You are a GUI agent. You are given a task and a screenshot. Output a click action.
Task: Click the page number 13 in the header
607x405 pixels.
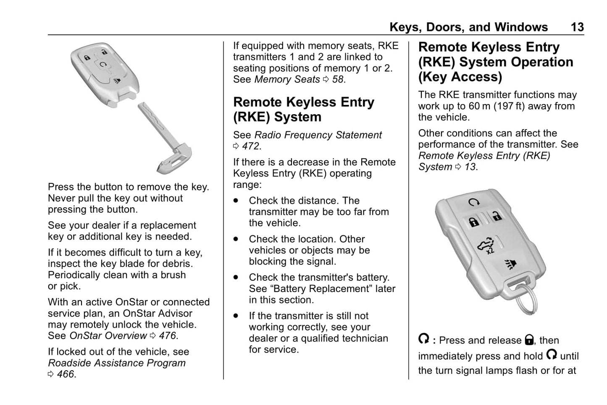pyautogui.click(x=577, y=27)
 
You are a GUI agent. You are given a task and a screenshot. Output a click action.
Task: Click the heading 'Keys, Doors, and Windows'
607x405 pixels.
pyautogui.click(x=468, y=27)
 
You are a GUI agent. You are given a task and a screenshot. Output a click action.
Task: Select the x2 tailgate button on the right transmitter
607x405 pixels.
pyautogui.click(x=487, y=245)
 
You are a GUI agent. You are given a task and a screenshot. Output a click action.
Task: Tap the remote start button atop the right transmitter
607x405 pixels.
pyautogui.click(x=474, y=203)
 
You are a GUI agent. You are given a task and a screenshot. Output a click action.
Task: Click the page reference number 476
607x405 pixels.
pyautogui.click(x=168, y=336)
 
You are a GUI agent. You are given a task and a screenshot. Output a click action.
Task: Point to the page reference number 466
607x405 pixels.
pyautogui.click(x=66, y=374)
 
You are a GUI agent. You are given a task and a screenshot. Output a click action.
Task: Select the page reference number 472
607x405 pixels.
pyautogui.click(x=251, y=146)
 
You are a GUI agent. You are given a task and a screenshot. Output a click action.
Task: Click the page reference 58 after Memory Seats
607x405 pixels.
pyautogui.click(x=338, y=79)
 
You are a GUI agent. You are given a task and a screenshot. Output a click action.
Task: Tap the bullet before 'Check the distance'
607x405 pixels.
pyautogui.click(x=236, y=201)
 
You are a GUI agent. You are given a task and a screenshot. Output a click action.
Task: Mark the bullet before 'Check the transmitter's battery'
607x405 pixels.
pyautogui.click(x=236, y=277)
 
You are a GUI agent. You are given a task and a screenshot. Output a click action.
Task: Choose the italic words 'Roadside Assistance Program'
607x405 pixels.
pyautogui.click(x=117, y=363)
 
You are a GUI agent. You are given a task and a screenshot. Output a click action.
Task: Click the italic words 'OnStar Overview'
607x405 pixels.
pyautogui.click(x=108, y=336)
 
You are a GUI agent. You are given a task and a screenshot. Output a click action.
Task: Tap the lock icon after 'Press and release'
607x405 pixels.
pyautogui.click(x=529, y=340)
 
